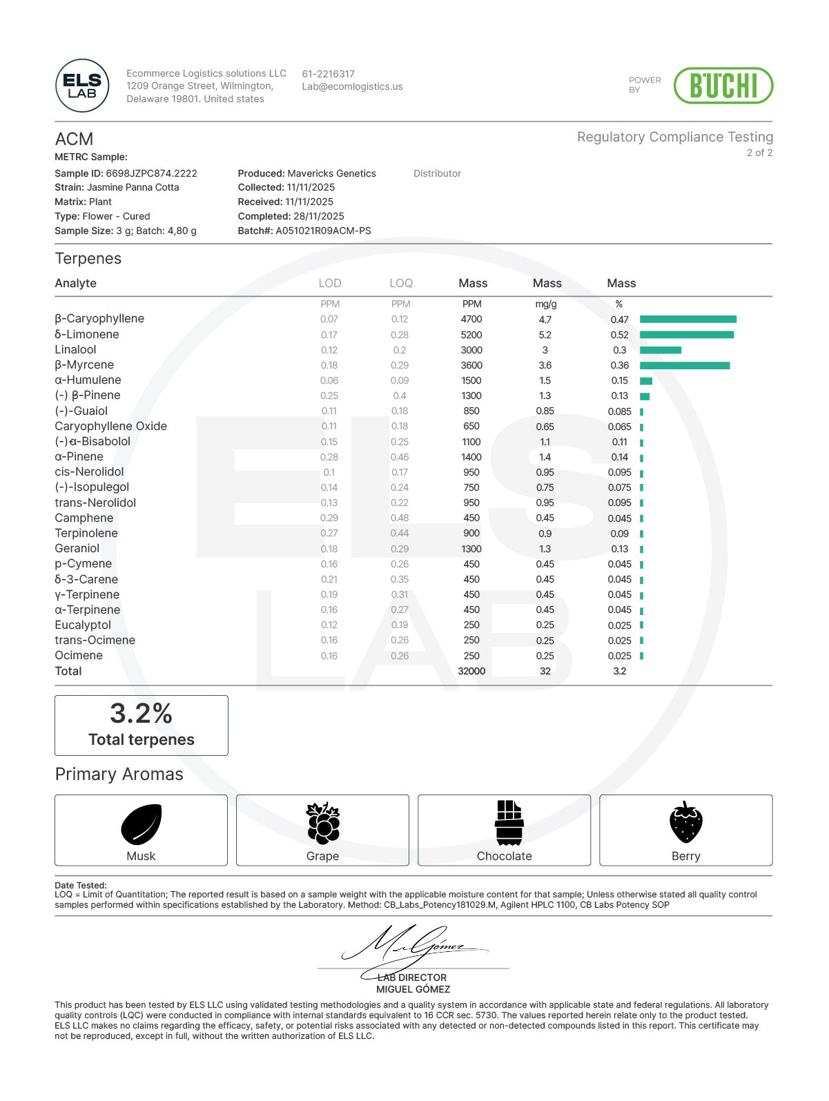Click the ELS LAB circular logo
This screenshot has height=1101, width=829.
coord(82,86)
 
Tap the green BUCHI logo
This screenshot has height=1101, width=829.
coord(723,86)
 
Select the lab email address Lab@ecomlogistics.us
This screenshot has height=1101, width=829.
coord(352,87)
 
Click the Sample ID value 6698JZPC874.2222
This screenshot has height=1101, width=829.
coord(151,173)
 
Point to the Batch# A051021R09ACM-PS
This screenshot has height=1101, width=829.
coord(323,231)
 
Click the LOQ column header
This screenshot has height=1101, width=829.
coord(400,283)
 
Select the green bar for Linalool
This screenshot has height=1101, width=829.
coord(660,350)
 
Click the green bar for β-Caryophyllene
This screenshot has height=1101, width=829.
coord(687,319)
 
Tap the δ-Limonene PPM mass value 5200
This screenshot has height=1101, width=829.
coord(471,335)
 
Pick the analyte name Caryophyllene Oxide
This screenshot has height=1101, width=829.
coord(110,426)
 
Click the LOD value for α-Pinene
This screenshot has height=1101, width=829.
coord(329,457)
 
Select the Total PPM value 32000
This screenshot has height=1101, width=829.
coord(471,671)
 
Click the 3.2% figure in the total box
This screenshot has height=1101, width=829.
coord(141,713)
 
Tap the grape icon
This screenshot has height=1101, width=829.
coord(322,822)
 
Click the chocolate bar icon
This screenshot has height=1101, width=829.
coord(509,822)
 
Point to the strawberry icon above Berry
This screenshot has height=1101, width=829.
coord(685,822)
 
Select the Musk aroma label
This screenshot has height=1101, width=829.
coord(141,856)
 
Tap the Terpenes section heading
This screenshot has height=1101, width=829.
coord(88,259)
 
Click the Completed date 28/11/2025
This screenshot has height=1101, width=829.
coord(318,216)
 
